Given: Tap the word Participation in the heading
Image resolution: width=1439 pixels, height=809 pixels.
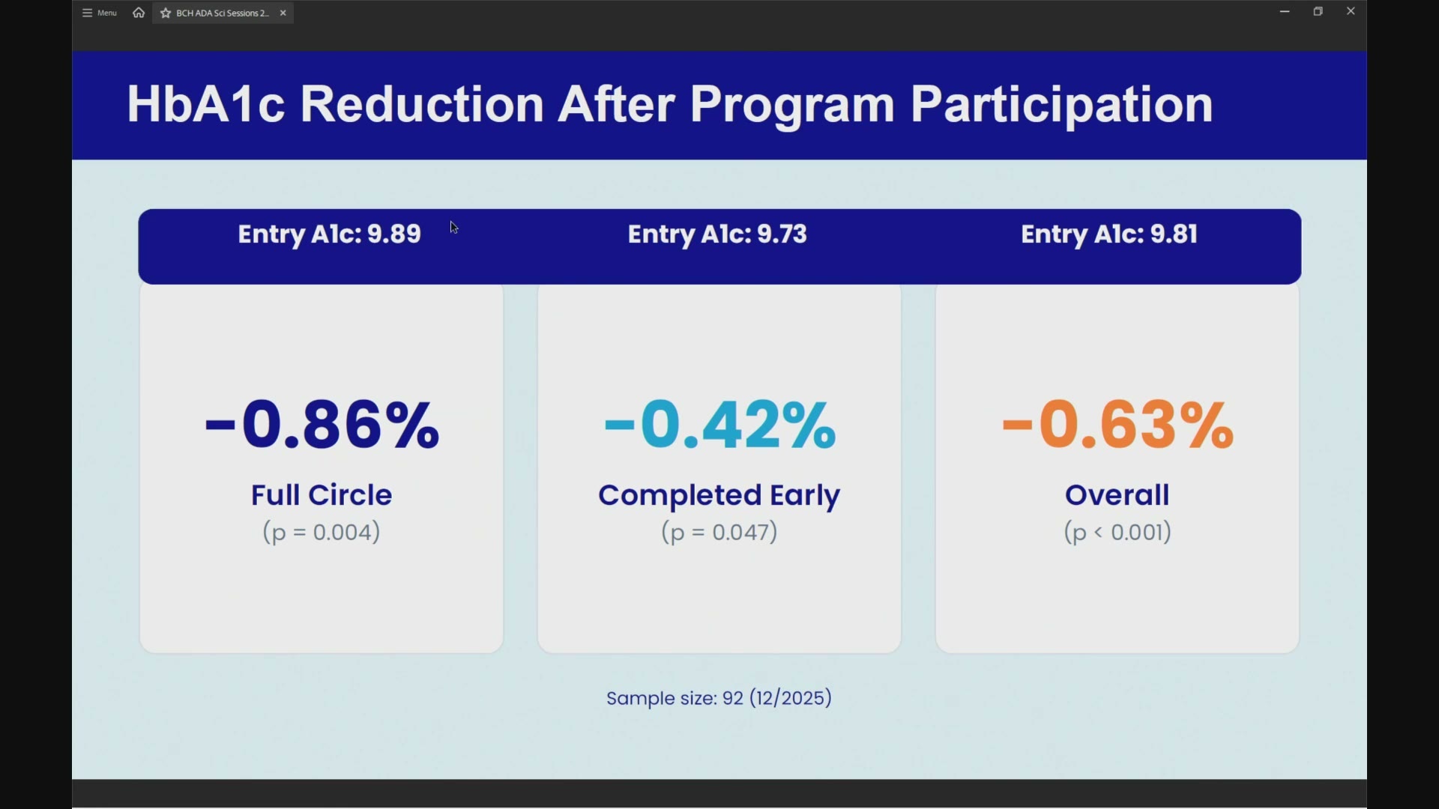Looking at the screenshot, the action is [1062, 106].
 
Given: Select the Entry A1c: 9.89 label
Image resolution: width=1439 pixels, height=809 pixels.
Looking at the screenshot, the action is [330, 234].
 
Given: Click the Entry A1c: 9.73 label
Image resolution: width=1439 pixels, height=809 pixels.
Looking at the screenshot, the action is [717, 234].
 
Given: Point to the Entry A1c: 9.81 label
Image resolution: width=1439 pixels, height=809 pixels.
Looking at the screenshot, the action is [1109, 234].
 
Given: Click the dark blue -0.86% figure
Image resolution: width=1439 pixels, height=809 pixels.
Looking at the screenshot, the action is [322, 425].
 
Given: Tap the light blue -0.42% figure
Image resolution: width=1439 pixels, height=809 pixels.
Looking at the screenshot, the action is [720, 425].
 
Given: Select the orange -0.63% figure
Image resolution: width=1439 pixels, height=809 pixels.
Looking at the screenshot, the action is [1118, 425].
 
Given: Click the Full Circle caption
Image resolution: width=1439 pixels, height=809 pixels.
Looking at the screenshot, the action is [322, 495].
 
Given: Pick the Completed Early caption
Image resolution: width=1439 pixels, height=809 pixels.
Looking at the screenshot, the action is [719, 496].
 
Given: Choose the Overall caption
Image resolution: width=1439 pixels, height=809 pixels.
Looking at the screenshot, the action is [1117, 495].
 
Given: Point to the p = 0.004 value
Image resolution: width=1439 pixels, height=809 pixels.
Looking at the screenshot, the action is [322, 533].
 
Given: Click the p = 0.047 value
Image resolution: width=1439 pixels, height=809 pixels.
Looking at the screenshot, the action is [719, 533].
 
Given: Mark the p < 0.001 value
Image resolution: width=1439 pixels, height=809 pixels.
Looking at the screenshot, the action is [1118, 533].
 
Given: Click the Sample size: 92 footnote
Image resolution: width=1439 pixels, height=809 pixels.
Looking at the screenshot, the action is [719, 699].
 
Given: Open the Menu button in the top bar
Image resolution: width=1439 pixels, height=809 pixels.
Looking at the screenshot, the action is [100, 13].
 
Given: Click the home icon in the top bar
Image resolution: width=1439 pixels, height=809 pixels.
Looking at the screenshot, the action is [139, 13].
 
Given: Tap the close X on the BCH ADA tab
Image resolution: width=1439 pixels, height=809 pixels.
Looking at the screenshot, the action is [283, 13].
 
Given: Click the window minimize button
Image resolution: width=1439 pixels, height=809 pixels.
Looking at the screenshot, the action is [1285, 12].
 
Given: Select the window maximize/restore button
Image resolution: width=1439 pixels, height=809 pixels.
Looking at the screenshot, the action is [1319, 12].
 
